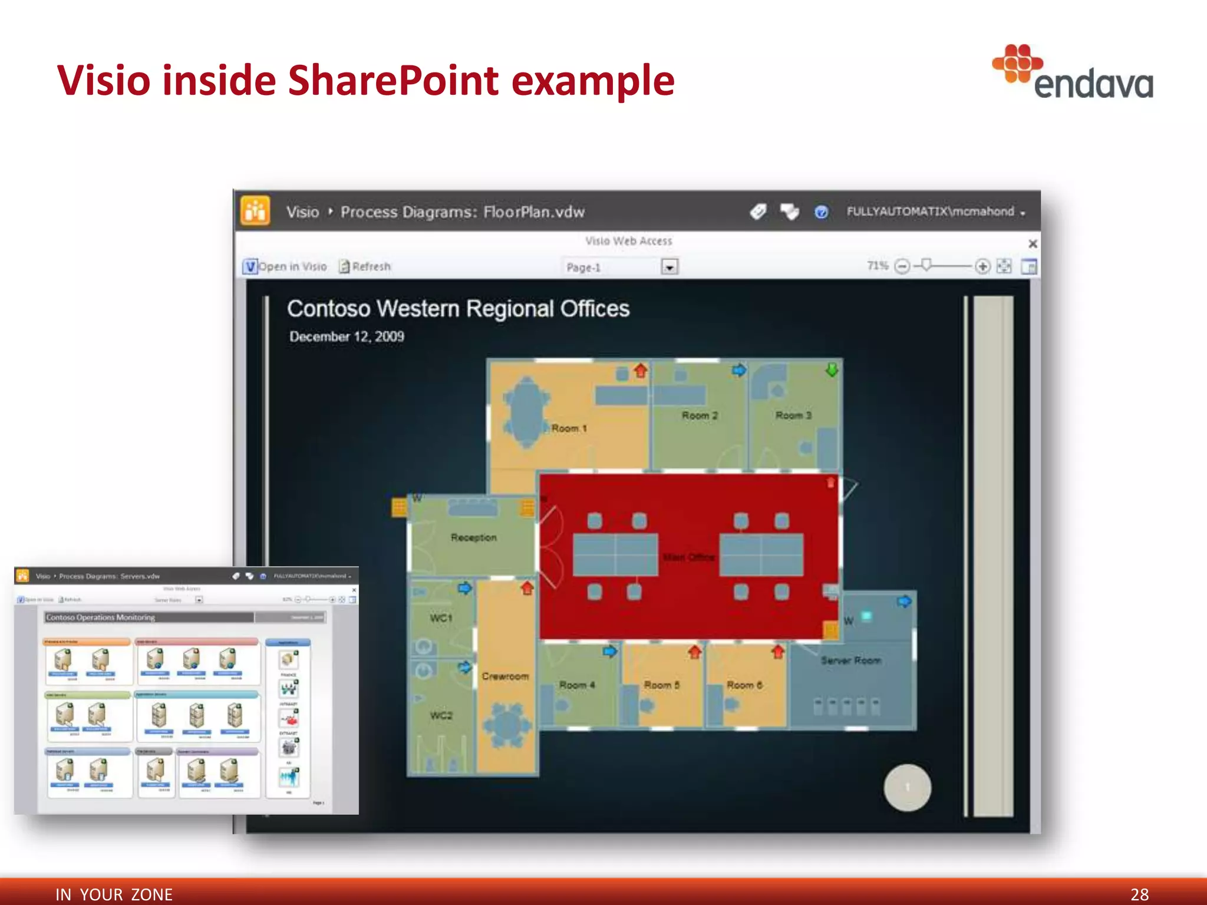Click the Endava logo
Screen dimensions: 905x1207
(x=1073, y=73)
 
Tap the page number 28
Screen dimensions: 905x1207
(x=1139, y=894)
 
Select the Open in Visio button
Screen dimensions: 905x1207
(x=285, y=266)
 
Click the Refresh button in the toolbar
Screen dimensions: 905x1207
(x=365, y=266)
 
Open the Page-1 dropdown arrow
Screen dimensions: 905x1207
(x=669, y=267)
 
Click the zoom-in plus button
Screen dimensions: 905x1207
(x=982, y=266)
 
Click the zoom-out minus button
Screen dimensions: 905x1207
(x=902, y=266)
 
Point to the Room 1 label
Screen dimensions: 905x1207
(x=569, y=428)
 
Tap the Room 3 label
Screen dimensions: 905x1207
(x=793, y=415)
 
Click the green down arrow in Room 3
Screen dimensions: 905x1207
(x=832, y=370)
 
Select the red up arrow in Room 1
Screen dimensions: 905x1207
(x=641, y=371)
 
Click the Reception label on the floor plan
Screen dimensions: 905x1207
(x=473, y=537)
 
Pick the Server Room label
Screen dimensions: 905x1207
(x=851, y=660)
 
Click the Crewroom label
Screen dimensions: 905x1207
(x=505, y=676)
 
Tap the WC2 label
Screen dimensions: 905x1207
(x=441, y=715)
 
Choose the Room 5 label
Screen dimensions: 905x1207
(x=661, y=685)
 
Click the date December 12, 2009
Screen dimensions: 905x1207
(x=347, y=336)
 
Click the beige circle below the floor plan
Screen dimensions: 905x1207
(x=907, y=787)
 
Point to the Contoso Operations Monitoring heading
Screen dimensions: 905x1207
(x=101, y=617)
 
